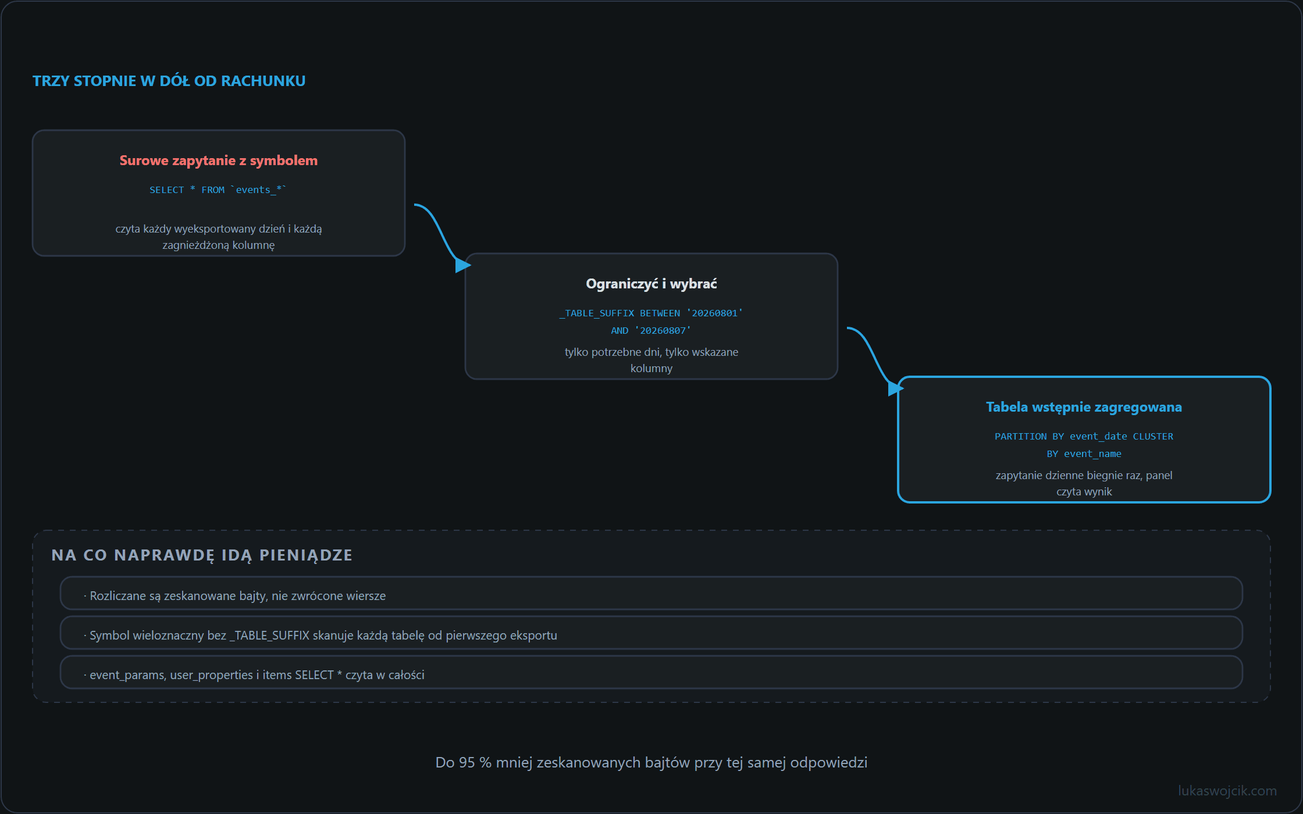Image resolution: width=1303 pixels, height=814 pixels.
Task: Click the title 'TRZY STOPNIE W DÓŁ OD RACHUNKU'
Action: point(169,81)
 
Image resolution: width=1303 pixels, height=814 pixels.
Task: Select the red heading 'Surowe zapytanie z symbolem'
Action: point(219,160)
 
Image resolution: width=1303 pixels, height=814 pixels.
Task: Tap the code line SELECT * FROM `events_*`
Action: point(218,190)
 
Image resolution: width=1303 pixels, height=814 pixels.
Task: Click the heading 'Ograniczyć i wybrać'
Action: point(651,284)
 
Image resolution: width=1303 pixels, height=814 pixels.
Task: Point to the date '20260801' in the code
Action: point(714,313)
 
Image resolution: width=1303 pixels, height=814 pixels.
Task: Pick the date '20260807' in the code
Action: point(663,331)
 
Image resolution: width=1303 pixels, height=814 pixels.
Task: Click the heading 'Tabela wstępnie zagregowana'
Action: point(1084,407)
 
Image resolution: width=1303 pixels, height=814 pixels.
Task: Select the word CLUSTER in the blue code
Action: point(1153,437)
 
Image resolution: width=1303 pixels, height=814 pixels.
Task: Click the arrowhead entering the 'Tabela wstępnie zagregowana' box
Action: point(896,388)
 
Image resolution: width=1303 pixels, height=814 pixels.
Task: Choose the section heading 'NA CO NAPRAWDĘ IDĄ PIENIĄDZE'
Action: point(202,555)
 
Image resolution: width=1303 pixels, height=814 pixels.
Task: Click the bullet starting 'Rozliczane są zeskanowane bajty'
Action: point(234,596)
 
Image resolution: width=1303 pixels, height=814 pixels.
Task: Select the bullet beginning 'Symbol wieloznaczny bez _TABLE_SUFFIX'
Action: point(320,636)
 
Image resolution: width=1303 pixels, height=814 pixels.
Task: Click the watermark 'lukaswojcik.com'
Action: point(1227,791)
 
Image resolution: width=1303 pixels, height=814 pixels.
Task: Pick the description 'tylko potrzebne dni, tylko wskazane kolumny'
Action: point(651,360)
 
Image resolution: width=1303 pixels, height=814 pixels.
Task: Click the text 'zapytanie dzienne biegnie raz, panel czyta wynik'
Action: point(1084,483)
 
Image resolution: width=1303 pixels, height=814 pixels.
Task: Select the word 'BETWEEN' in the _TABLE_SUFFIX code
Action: point(660,313)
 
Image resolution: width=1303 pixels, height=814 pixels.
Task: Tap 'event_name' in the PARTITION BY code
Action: point(1092,454)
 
